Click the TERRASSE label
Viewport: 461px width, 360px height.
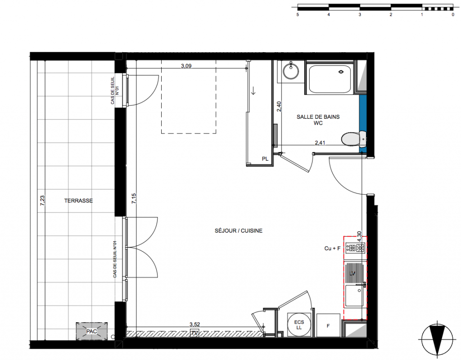pos(78,201)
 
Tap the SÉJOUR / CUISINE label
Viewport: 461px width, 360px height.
pos(239,231)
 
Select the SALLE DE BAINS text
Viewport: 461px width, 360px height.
pos(318,117)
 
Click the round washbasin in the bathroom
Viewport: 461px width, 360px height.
pos(291,71)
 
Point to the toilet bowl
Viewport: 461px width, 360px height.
pos(354,139)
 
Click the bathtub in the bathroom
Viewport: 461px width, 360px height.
pos(330,78)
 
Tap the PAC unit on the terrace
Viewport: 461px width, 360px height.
pos(91,332)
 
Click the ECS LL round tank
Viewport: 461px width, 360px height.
pos(299,324)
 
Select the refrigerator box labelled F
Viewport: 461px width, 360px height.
pos(328,325)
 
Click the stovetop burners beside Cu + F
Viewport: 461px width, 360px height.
pos(355,248)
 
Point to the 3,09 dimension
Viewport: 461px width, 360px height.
pos(186,66)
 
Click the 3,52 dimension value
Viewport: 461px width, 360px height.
pos(194,324)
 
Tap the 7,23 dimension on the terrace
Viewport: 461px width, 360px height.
pos(42,200)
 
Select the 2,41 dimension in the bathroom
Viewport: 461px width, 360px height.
pos(320,143)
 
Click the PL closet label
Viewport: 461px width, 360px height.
pos(265,159)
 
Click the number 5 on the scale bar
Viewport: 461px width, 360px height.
pos(298,14)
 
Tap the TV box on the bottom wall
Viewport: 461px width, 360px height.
pos(194,333)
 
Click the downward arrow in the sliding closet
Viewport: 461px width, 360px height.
pos(253,90)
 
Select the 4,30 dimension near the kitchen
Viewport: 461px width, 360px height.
pos(359,236)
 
